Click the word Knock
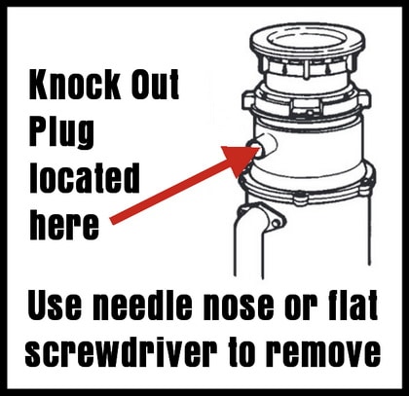coord(75,85)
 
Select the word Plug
coord(61,133)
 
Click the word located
coord(85,178)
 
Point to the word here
coord(64,225)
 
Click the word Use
coord(55,305)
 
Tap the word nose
coord(239,308)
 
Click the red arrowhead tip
coord(259,149)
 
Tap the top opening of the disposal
coord(309,41)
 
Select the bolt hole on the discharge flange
coord(277,223)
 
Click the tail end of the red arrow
coord(112,221)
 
